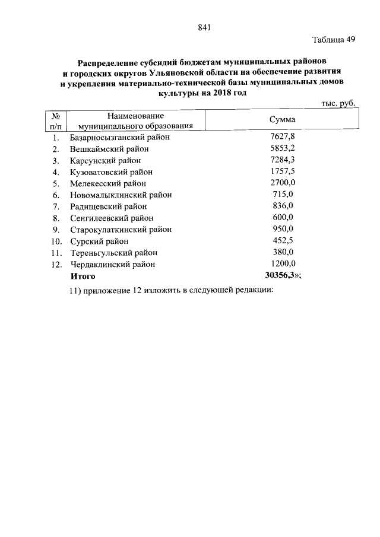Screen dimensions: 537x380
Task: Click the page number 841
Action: coord(204,27)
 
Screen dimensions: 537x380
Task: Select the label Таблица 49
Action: coord(334,40)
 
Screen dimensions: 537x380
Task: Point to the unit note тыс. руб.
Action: coord(337,103)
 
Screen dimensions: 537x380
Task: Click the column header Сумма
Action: coord(283,120)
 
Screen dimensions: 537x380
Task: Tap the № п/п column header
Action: coord(56,120)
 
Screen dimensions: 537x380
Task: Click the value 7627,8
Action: coord(283,138)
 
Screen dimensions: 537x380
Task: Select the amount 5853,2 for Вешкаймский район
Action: coord(283,149)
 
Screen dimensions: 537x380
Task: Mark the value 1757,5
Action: coord(283,172)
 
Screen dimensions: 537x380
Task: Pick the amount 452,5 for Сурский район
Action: coord(283,241)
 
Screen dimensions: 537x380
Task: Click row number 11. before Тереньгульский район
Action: coord(56,253)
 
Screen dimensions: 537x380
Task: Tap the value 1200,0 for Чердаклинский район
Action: coord(283,264)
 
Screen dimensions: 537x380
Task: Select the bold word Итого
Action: coord(83,276)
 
